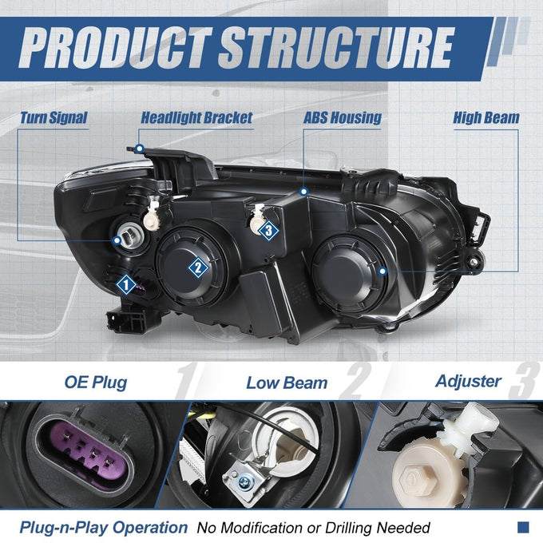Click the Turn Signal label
[54, 117]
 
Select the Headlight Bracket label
[196, 117]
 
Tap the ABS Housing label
[343, 117]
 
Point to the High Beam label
[486, 117]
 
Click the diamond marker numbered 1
[126, 284]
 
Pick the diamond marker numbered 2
[198, 268]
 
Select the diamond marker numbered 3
[269, 230]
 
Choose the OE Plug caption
[96, 382]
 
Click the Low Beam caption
[287, 383]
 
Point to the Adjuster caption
[468, 382]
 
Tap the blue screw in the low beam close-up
[245, 481]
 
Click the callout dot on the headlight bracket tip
[140, 149]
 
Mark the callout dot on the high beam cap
[382, 271]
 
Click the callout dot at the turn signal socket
[117, 240]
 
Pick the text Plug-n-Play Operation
[104, 527]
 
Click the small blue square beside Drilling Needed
[523, 527]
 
